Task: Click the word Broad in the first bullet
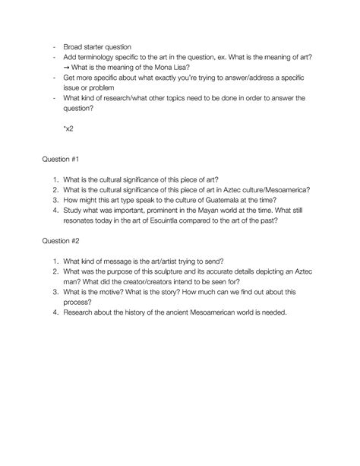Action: click(74, 46)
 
